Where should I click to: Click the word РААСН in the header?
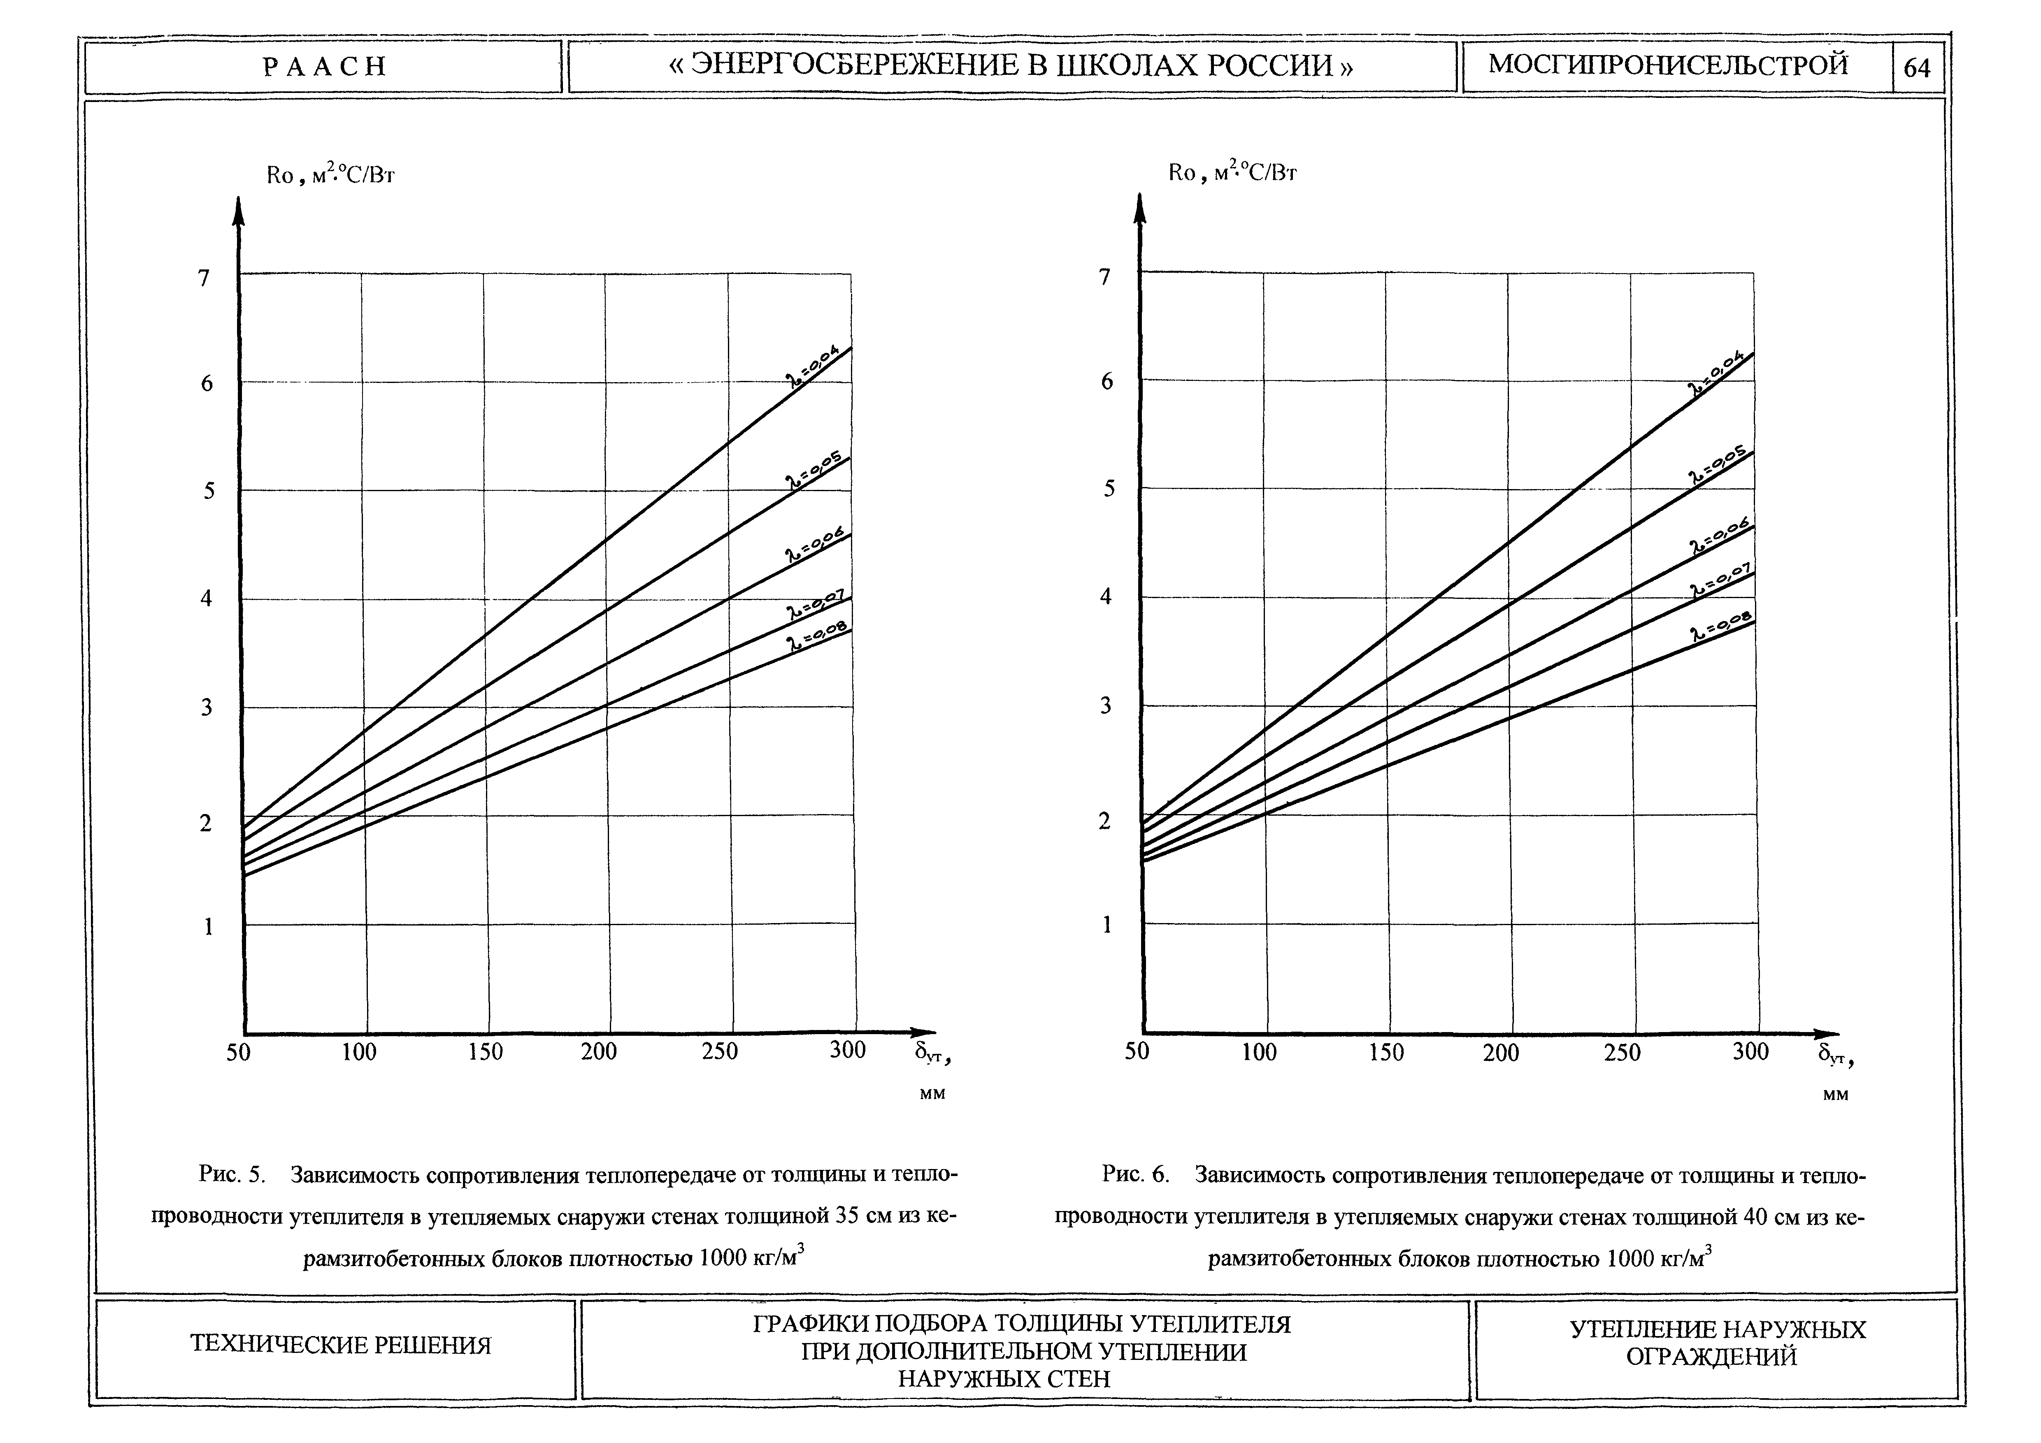(325, 67)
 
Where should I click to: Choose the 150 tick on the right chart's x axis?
(1386, 1053)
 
